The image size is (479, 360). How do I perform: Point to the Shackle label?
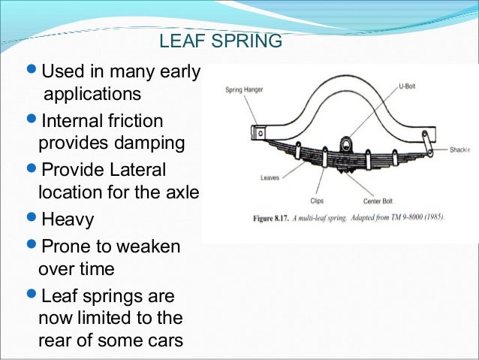(459, 150)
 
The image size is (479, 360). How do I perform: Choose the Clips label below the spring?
(317, 201)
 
